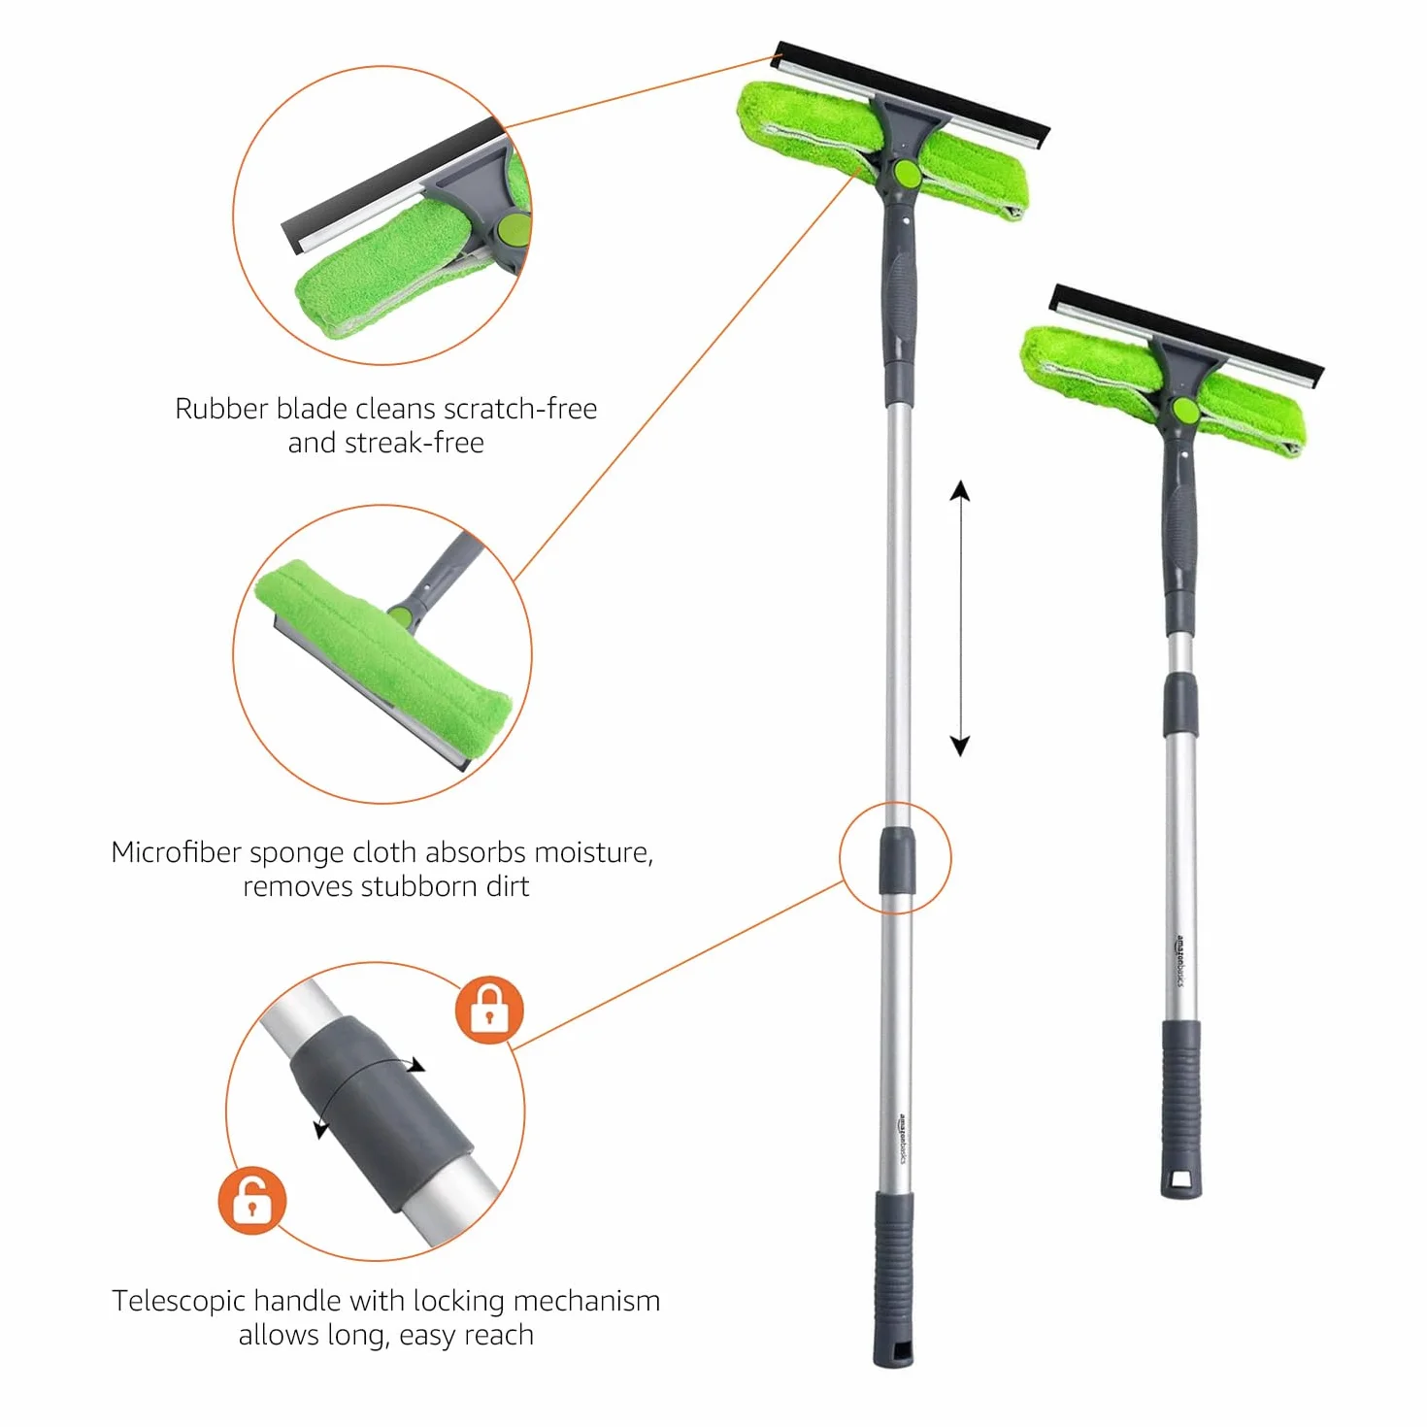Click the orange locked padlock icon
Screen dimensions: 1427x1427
(x=488, y=1011)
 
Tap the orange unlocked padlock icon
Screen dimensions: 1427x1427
(x=251, y=1201)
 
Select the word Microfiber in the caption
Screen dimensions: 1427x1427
(x=177, y=852)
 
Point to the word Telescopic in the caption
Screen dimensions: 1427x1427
(x=182, y=1301)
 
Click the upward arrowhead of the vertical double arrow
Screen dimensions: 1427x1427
(x=960, y=489)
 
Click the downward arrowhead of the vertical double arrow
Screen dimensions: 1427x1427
(x=960, y=746)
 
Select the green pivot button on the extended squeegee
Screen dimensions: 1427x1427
(x=907, y=174)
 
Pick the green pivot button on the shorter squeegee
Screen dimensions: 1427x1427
(x=1184, y=410)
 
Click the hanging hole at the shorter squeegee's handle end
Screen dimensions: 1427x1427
(x=1181, y=1178)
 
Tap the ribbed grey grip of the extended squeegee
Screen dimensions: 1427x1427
(x=894, y=1256)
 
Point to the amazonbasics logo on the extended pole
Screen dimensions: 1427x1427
(x=902, y=1138)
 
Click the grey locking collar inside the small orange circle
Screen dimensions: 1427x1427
(x=896, y=860)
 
